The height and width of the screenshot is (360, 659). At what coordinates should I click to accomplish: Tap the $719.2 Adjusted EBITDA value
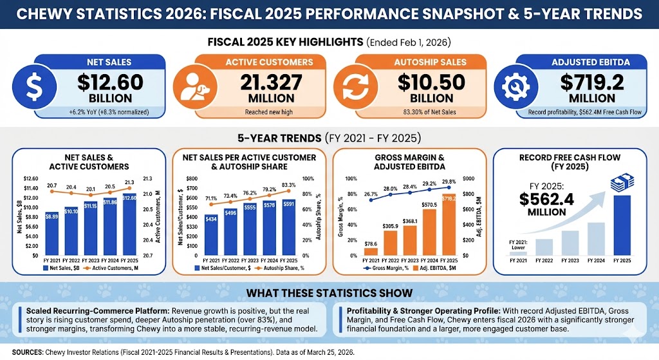(588, 82)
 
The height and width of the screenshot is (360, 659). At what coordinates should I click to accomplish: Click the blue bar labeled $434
(210, 236)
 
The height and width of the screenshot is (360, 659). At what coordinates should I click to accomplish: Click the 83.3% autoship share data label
(288, 185)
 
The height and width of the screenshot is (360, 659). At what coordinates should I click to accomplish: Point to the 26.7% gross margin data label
(370, 193)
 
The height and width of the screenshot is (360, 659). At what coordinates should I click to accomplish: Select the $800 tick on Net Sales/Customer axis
(192, 179)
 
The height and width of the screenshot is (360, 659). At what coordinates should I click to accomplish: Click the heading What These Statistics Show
(329, 294)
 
